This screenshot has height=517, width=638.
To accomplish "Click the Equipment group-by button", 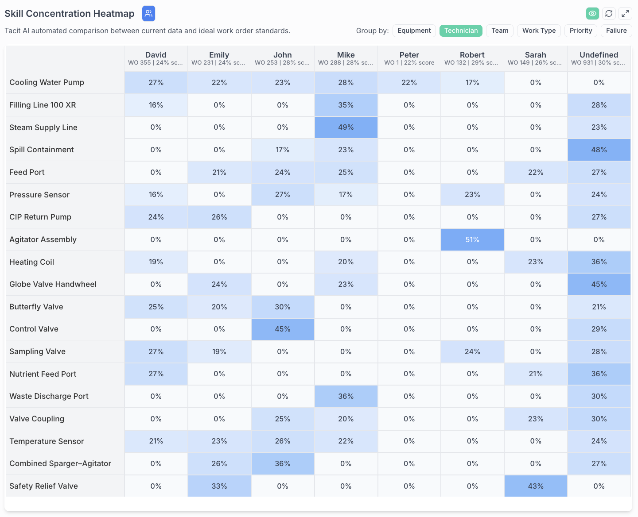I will (414, 31).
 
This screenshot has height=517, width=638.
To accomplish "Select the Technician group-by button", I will (461, 31).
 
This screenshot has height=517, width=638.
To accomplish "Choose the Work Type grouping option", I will (539, 31).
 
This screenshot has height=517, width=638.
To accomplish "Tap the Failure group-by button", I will (616, 31).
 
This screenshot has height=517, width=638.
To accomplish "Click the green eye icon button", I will (592, 13).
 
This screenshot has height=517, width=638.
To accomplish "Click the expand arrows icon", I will (625, 13).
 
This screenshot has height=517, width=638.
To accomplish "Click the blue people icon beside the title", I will (148, 13).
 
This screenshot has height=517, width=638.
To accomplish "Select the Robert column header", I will (472, 58).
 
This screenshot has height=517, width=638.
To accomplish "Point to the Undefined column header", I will (599, 58).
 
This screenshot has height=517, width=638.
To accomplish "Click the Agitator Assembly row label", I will (43, 239).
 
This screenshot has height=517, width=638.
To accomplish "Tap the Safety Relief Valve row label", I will (43, 486).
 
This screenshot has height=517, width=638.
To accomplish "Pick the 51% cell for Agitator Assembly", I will (472, 239).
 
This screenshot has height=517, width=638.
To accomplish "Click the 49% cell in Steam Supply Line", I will (346, 127).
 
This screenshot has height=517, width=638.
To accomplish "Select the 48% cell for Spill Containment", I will (599, 150).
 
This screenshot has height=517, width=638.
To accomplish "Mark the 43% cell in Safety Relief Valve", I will (536, 486).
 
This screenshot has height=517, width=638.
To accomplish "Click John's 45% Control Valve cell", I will (283, 329).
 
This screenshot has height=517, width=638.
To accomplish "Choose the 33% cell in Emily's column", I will (219, 486).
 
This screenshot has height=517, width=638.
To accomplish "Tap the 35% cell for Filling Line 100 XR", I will (346, 105).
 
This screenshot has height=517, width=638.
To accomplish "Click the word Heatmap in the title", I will (115, 13).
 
